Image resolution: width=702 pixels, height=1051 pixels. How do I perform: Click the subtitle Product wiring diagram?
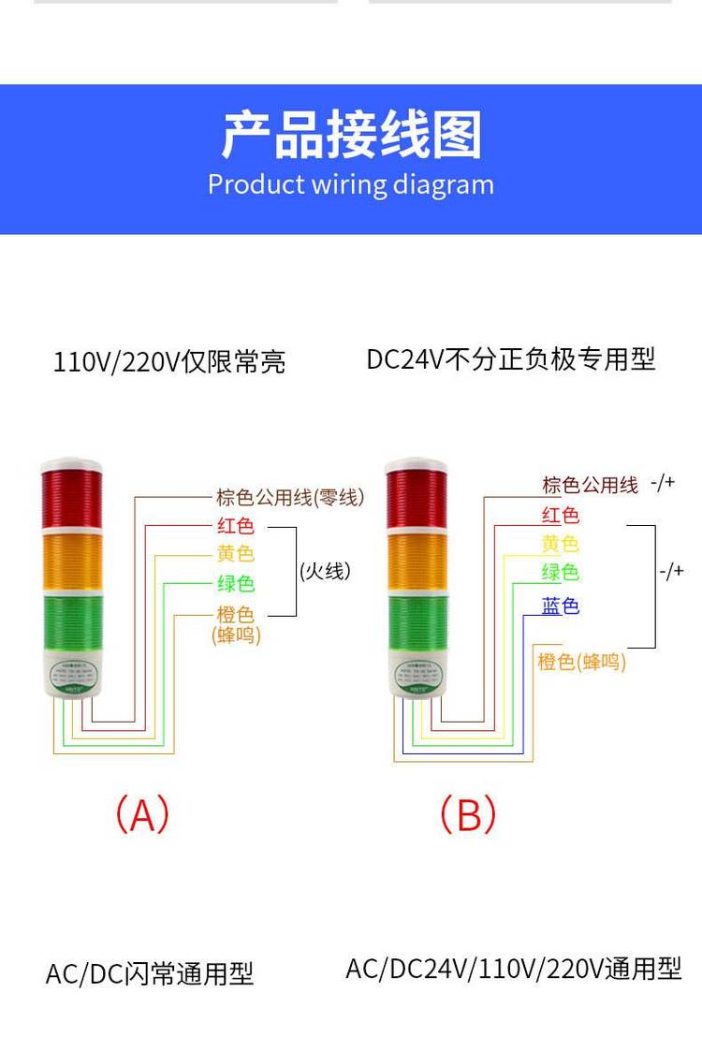pyautogui.click(x=351, y=184)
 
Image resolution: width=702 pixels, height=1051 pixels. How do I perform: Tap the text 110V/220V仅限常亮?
pyautogui.click(x=169, y=362)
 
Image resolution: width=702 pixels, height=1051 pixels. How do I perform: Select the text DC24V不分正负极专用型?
pyautogui.click(x=511, y=359)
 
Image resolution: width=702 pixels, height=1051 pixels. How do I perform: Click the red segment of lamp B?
pyautogui.click(x=417, y=500)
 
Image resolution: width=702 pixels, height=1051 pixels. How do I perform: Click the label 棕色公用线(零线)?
pyautogui.click(x=290, y=498)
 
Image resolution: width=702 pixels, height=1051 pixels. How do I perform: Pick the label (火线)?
pyautogui.click(x=326, y=571)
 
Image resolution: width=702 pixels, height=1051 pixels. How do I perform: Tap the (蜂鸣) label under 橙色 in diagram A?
pyautogui.click(x=236, y=635)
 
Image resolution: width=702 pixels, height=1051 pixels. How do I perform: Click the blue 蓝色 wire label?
pyautogui.click(x=561, y=606)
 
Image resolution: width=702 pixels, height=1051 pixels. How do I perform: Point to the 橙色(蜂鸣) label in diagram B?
pyautogui.click(x=581, y=662)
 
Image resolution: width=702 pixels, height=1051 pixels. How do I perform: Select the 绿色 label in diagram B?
pyautogui.click(x=560, y=573)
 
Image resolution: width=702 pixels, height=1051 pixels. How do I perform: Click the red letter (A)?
pyautogui.click(x=142, y=814)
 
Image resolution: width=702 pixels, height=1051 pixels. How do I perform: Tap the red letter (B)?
pyautogui.click(x=468, y=814)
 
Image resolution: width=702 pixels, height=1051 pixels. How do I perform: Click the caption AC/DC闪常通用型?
pyautogui.click(x=150, y=974)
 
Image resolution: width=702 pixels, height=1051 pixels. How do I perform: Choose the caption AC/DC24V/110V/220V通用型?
pyautogui.click(x=514, y=969)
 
